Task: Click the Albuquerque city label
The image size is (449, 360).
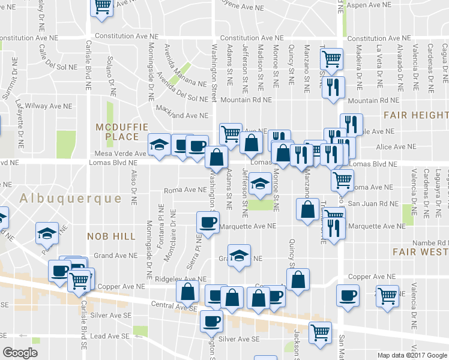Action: [70, 198]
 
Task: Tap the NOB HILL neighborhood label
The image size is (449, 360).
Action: [111, 236]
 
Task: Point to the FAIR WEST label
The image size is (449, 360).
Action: [420, 251]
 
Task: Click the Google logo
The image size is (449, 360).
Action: [20, 352]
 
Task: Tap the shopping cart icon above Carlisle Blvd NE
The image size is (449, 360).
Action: [102, 7]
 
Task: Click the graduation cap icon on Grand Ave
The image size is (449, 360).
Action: [238, 255]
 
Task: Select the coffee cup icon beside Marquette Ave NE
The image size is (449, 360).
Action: [208, 222]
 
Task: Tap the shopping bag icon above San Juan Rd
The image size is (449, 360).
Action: [307, 209]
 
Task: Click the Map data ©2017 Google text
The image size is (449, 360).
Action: [412, 355]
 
